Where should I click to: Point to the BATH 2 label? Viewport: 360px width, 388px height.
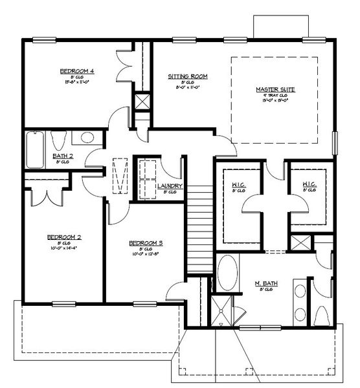(62, 156)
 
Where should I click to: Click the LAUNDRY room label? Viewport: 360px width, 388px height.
(170, 186)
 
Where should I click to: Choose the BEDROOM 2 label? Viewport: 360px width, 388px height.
(63, 237)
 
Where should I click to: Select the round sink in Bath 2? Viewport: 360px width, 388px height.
(87, 138)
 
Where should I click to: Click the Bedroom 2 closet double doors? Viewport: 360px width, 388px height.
(46, 195)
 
